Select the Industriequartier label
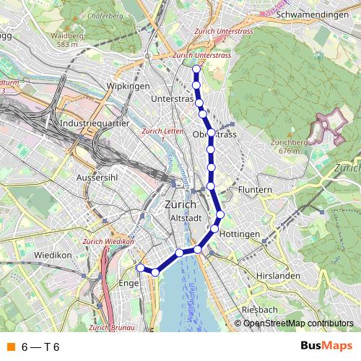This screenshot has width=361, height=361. [95, 123]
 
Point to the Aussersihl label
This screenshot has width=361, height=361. [97, 177]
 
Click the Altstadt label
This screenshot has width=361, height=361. [183, 217]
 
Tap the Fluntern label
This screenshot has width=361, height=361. [254, 190]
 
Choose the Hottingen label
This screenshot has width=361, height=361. [238, 235]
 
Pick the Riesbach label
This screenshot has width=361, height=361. [259, 309]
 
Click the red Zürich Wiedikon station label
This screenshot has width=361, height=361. [108, 241]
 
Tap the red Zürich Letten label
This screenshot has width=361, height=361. [162, 131]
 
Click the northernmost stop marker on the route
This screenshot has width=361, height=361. [196, 69]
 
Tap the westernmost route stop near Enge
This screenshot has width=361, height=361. [141, 268]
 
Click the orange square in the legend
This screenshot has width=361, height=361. [10, 347]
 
